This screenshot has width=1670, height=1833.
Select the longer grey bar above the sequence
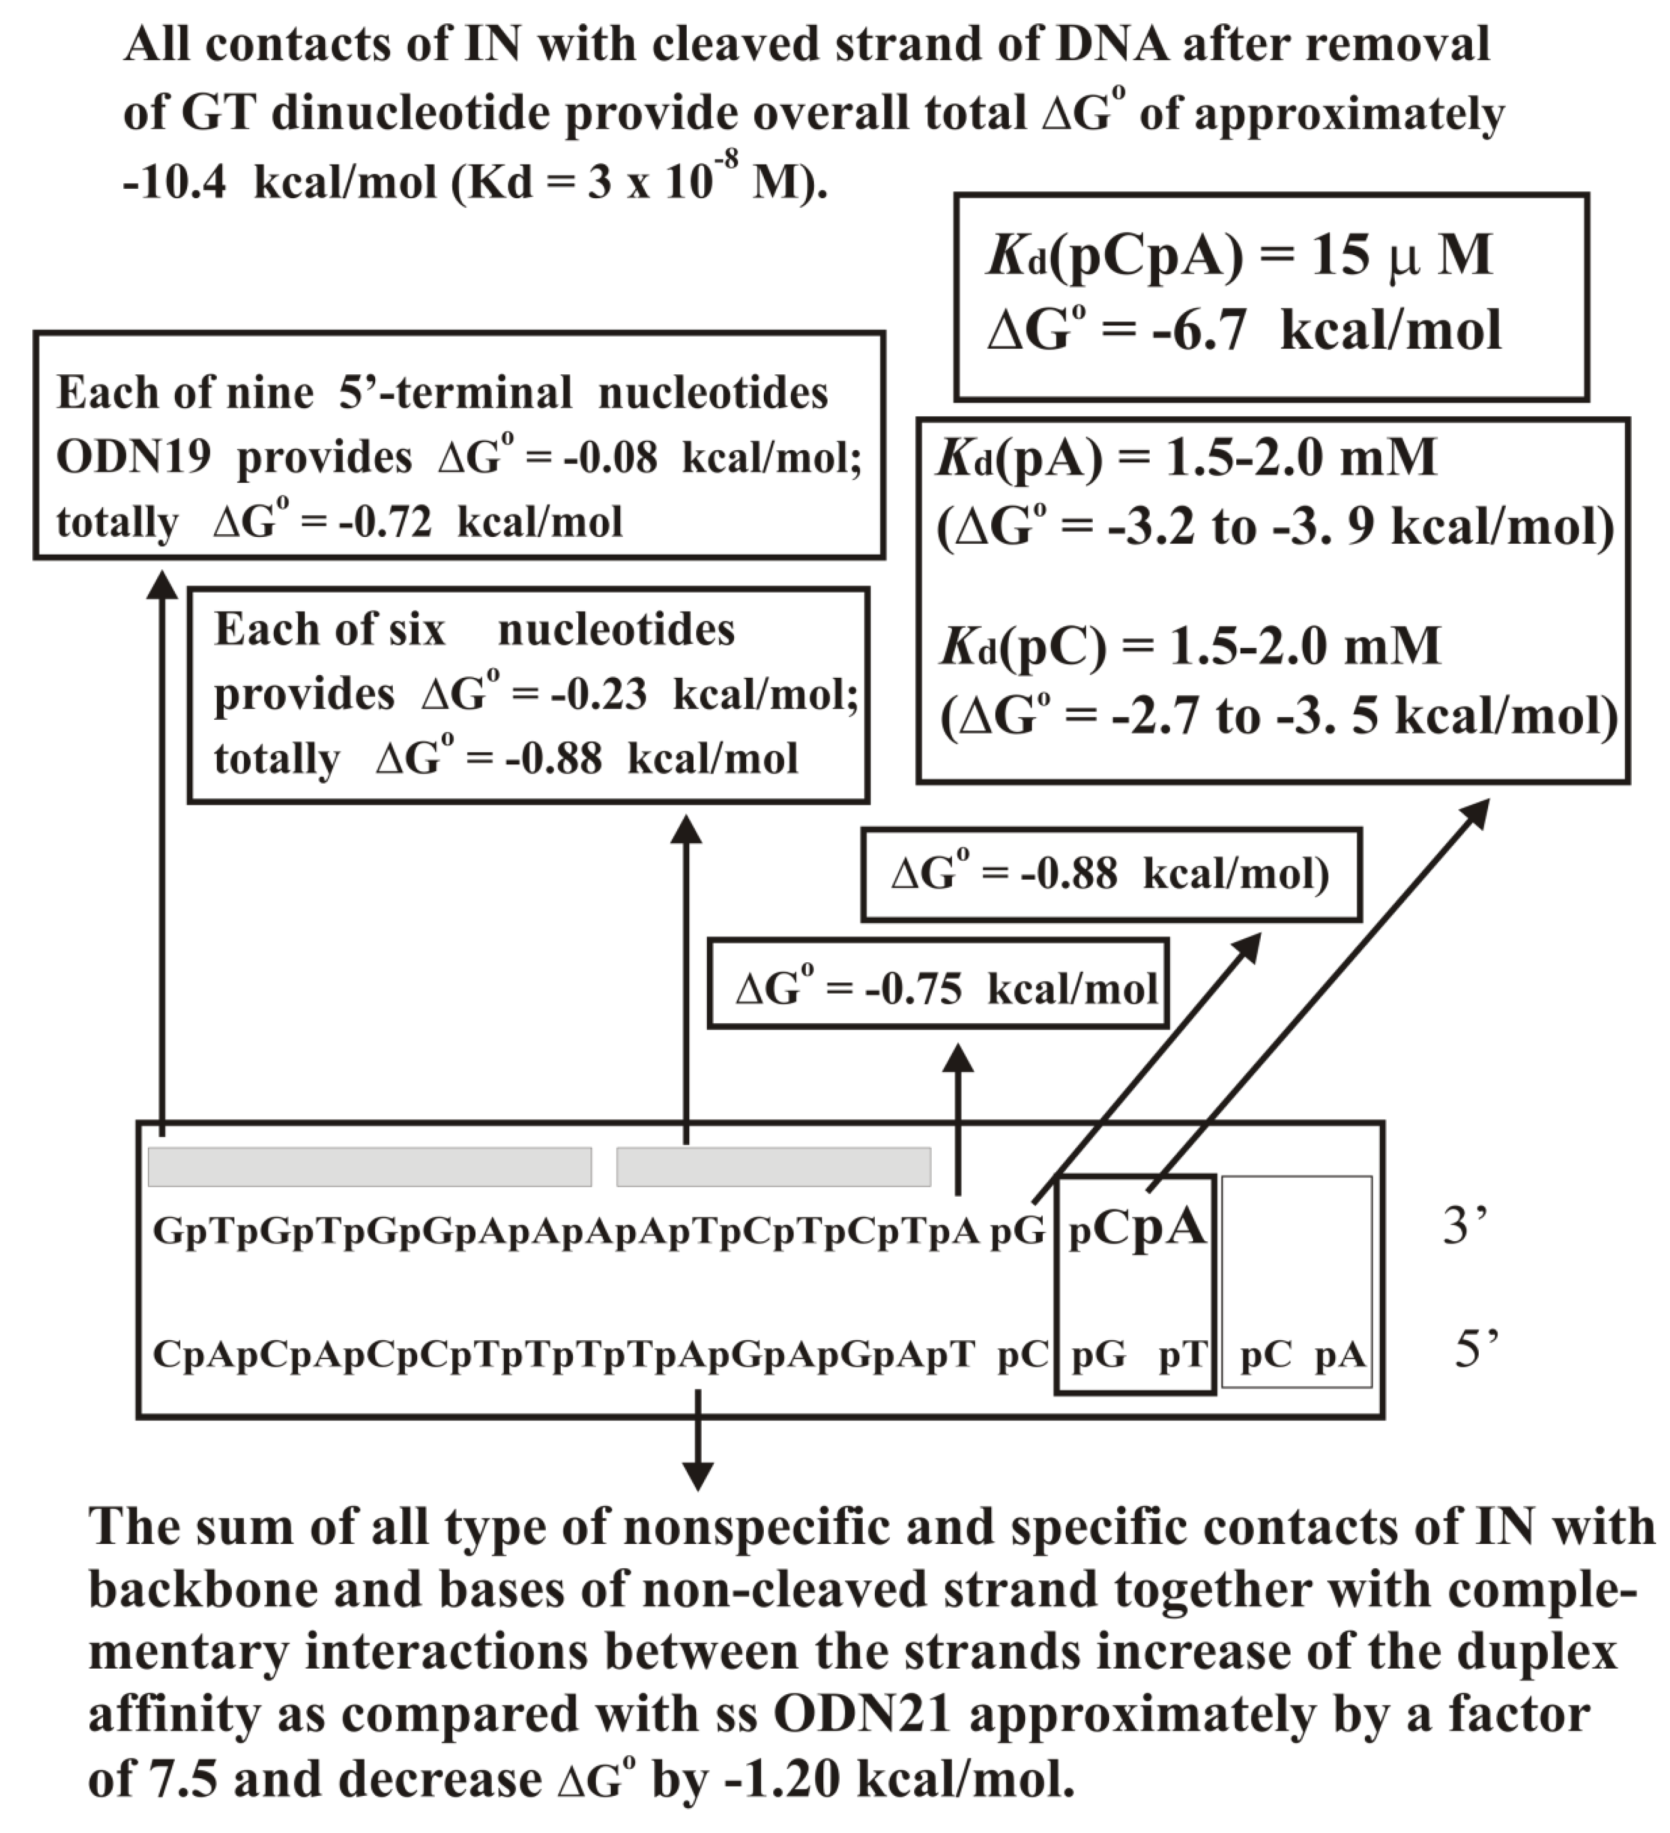(x=369, y=1166)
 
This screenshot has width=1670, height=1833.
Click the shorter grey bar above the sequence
(x=773, y=1166)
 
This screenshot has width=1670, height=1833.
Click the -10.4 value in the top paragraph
(x=174, y=183)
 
